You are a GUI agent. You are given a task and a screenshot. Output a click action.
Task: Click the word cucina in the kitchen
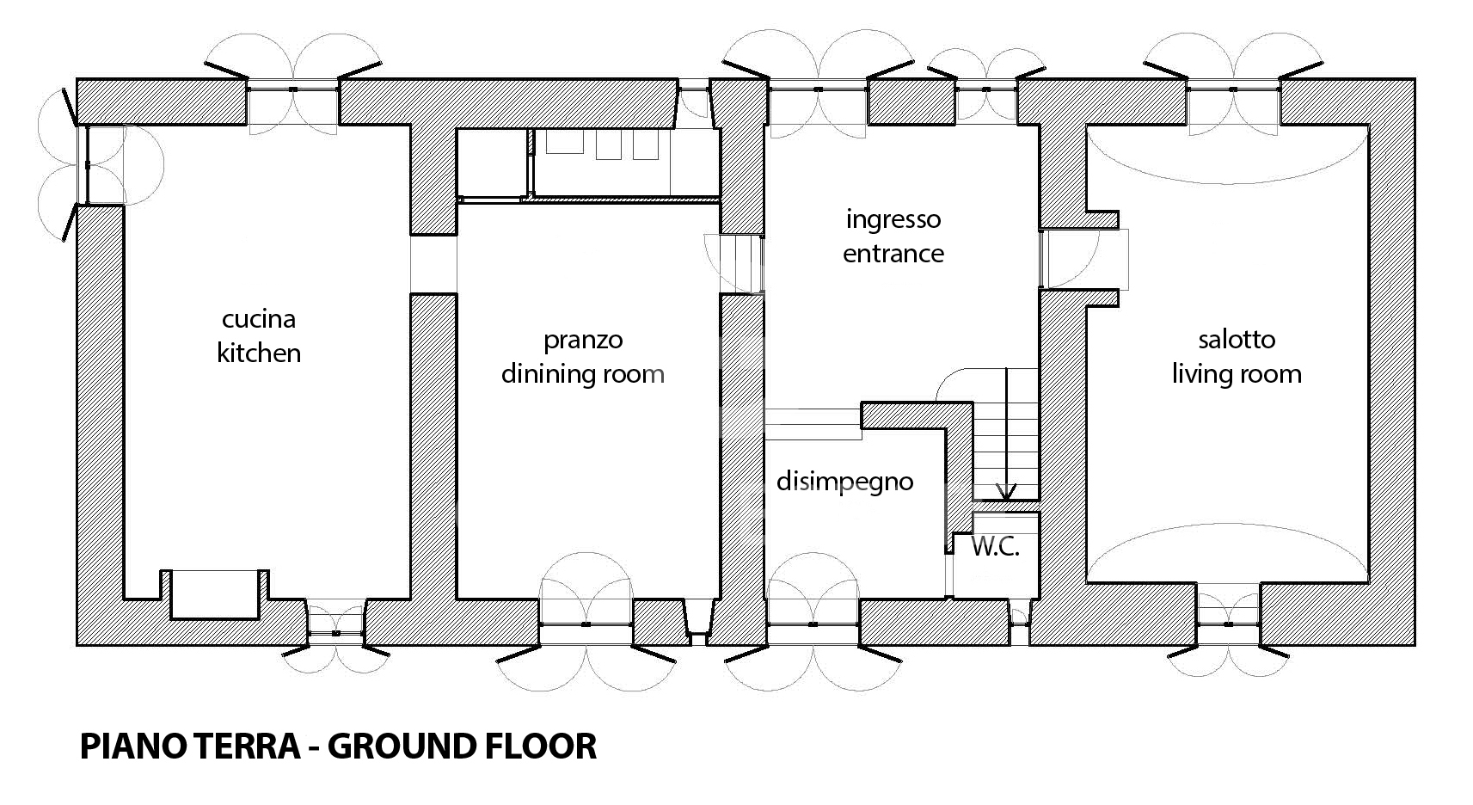click(259, 320)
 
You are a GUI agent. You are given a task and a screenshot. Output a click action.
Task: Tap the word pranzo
click(583, 341)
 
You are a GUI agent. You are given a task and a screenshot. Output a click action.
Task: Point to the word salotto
click(1237, 340)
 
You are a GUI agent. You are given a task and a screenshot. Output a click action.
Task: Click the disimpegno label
click(845, 482)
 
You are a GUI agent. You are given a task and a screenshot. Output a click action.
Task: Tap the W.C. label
click(995, 547)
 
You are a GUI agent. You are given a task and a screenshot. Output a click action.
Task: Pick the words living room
click(1237, 375)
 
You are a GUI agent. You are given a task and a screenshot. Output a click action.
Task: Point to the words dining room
click(583, 375)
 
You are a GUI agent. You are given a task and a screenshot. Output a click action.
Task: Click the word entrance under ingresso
click(893, 254)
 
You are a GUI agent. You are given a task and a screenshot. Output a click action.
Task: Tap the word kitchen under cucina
click(259, 353)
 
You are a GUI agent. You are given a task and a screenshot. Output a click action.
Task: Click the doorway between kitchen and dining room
click(433, 264)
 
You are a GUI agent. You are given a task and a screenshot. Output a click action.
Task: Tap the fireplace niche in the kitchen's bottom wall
click(214, 595)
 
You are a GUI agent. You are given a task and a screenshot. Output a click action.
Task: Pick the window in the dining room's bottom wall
click(586, 624)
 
